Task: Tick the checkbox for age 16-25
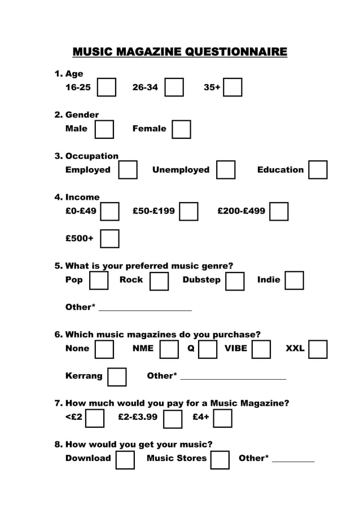(x=107, y=87)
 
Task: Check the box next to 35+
(x=232, y=87)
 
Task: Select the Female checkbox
(x=181, y=129)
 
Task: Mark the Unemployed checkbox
(x=226, y=170)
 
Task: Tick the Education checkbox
(x=318, y=170)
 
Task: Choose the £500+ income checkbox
(x=109, y=238)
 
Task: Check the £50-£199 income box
(x=188, y=211)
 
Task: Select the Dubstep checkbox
(x=235, y=280)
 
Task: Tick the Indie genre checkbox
(x=294, y=280)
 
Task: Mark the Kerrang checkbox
(x=117, y=376)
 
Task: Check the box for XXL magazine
(x=318, y=349)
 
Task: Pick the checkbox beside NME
(x=169, y=349)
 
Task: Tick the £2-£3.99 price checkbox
(x=173, y=419)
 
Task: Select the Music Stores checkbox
(x=220, y=459)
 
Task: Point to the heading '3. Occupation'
(x=86, y=156)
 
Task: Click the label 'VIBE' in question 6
(x=236, y=348)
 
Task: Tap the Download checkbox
(x=125, y=459)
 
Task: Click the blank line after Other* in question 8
(x=293, y=460)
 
